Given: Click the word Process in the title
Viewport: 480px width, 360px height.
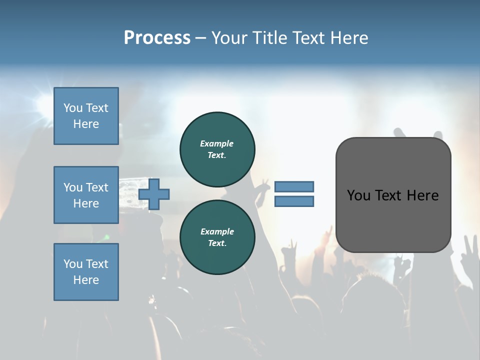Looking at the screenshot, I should coord(157,38).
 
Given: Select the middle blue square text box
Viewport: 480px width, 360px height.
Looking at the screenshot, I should coord(86,195).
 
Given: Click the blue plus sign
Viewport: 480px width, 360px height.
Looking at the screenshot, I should coord(154,194).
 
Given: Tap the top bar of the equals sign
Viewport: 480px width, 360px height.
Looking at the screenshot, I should coord(294,186).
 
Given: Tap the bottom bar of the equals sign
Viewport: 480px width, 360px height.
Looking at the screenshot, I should coord(294,201).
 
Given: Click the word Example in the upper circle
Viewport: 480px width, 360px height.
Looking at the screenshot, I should coord(217,143).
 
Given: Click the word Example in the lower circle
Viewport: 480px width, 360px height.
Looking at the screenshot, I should coord(217,231).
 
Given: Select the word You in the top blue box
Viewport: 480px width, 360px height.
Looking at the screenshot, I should coord(73,108).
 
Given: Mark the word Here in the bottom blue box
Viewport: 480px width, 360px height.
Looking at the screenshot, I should coord(86,280).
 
